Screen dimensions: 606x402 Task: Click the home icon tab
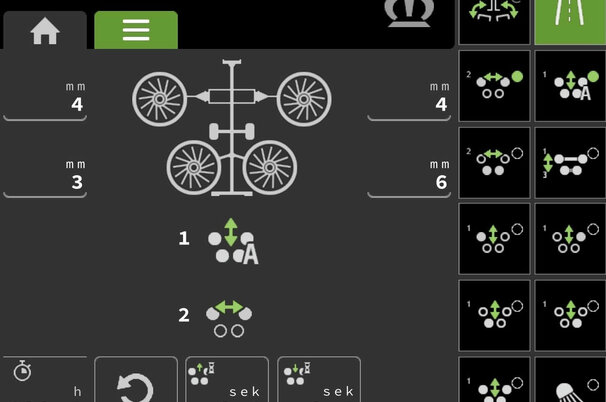click(x=45, y=31)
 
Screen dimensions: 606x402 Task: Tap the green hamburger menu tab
click(x=136, y=30)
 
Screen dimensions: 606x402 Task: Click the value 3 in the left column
click(x=77, y=182)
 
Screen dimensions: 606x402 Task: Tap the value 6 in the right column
click(x=441, y=182)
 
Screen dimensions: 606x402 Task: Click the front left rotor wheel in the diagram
click(x=159, y=99)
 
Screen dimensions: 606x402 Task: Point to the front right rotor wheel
click(x=304, y=99)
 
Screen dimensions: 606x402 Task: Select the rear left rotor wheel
click(x=194, y=167)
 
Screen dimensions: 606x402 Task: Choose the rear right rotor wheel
click(x=270, y=167)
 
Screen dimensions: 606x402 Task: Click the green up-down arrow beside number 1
click(x=231, y=232)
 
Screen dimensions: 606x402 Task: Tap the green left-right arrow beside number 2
click(x=229, y=307)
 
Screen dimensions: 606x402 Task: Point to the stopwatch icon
click(x=22, y=371)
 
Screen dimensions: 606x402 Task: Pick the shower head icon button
click(x=570, y=380)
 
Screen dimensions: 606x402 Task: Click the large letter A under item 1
click(x=250, y=255)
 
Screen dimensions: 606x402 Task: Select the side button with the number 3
click(x=570, y=163)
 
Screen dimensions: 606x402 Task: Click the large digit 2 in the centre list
click(x=184, y=315)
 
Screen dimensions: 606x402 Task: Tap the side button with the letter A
click(x=570, y=86)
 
